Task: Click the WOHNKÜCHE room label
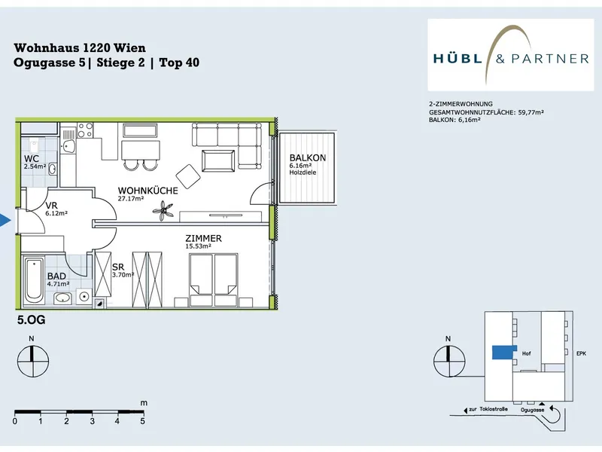click(x=147, y=191)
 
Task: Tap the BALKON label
click(x=308, y=157)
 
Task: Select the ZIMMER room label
click(x=203, y=238)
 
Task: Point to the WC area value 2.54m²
click(x=35, y=166)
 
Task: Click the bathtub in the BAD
click(x=34, y=279)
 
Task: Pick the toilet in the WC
click(x=34, y=146)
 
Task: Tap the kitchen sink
click(x=68, y=146)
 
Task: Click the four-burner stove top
click(x=85, y=130)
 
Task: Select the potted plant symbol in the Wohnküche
click(x=163, y=211)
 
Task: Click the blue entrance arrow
click(x=5, y=220)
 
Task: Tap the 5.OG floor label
click(x=31, y=319)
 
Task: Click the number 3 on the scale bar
click(x=92, y=421)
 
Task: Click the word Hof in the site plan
click(x=526, y=353)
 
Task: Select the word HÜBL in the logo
click(x=458, y=59)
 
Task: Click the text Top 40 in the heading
click(x=179, y=63)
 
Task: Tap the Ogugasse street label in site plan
click(x=532, y=410)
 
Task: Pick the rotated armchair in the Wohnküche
click(x=188, y=176)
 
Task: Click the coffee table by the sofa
click(x=218, y=160)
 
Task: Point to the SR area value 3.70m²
click(x=123, y=275)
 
